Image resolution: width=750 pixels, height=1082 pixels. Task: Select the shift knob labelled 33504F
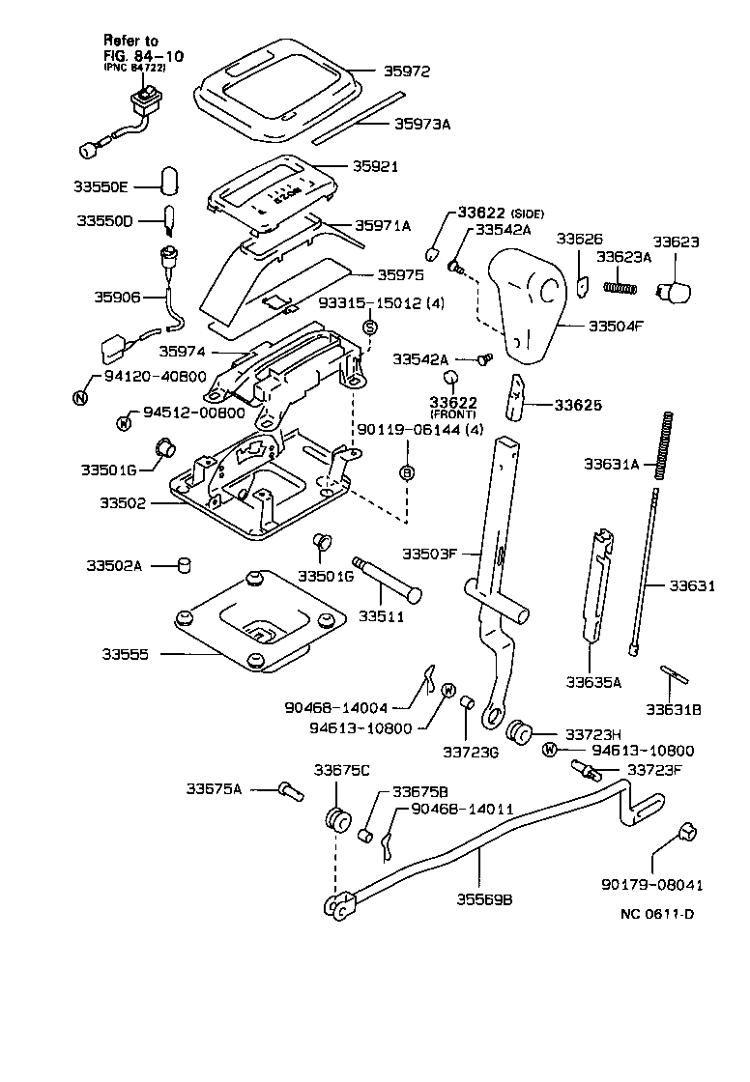527,299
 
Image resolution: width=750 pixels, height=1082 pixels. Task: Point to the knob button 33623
674,290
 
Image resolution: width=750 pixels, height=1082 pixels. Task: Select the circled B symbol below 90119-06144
407,471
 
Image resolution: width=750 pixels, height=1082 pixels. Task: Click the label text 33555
127,654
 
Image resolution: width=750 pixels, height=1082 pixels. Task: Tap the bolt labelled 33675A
289,790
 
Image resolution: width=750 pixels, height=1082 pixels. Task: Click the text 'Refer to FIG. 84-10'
131,47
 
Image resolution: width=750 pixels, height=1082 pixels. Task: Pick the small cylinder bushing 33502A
181,564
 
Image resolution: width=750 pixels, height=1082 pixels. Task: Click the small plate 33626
583,287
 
